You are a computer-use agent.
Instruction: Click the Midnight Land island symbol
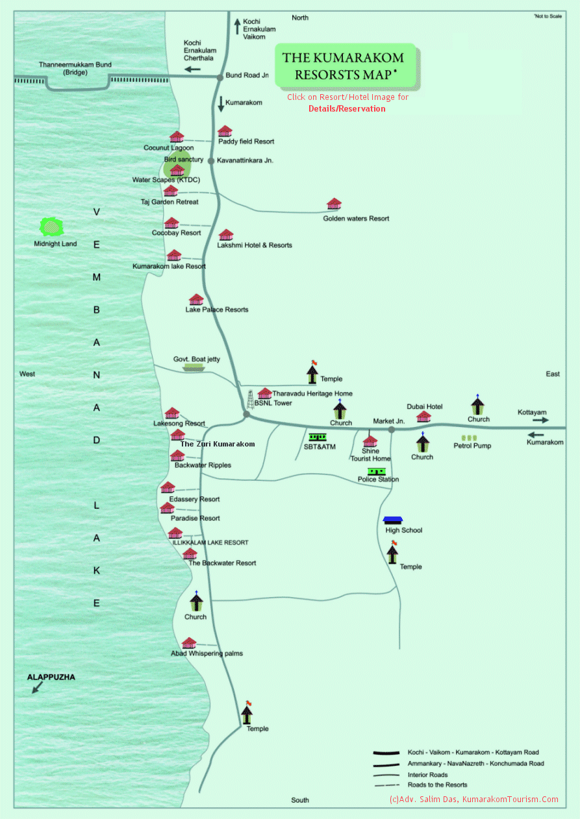tap(53, 226)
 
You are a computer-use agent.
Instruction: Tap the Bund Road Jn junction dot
tap(220, 77)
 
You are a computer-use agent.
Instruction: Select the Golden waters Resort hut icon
tap(334, 204)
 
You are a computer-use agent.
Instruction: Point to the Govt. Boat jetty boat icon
tap(194, 367)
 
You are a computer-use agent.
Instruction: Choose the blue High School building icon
tap(393, 520)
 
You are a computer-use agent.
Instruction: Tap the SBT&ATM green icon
tap(318, 437)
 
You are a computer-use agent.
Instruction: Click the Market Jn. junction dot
tap(391, 429)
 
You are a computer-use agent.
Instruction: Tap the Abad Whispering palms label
tap(207, 654)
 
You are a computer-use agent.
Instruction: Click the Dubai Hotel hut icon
tap(423, 416)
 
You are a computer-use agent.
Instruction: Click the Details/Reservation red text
tap(347, 108)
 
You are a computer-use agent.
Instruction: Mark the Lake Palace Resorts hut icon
tap(196, 299)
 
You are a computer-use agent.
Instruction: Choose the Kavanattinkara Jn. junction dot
tap(210, 160)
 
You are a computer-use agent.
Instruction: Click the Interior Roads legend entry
tap(427, 775)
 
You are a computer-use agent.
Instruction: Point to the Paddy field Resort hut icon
tap(225, 131)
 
